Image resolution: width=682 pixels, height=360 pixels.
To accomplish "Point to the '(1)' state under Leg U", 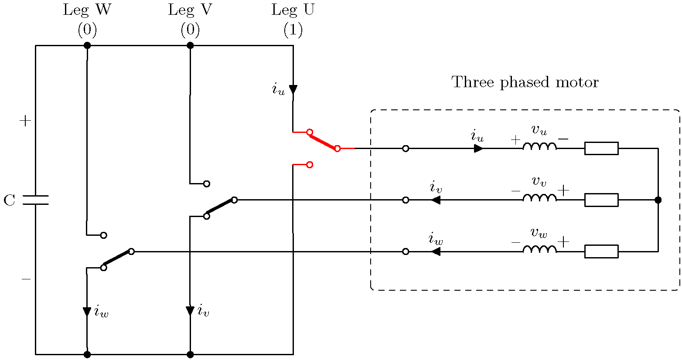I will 293,30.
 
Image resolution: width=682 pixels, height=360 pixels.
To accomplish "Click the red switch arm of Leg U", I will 323,140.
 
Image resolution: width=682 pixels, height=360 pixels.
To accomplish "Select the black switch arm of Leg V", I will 220,208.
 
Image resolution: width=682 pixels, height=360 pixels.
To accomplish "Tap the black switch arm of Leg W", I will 117,259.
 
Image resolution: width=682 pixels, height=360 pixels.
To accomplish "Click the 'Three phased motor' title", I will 525,82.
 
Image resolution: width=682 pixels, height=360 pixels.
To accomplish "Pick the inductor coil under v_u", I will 539,146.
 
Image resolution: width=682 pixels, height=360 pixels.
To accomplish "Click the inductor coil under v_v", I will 539,198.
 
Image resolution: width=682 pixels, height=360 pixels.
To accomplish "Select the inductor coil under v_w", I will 539,249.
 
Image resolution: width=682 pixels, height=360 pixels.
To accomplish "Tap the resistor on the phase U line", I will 601,149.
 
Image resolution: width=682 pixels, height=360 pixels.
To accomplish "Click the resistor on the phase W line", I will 601,251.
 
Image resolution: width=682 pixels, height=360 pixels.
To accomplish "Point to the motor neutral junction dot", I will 658,200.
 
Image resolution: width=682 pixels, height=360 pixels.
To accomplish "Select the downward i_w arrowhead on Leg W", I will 87,312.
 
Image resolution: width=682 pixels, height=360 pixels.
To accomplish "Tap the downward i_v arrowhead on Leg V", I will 190,311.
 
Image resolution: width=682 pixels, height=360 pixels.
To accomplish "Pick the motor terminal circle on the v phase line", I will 406,200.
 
